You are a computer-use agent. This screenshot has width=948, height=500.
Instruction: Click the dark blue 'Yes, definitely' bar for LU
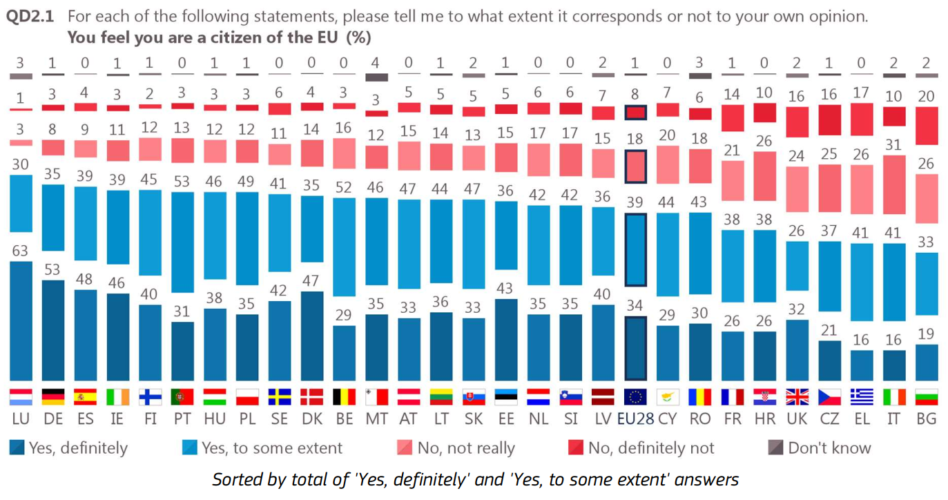pos(20,321)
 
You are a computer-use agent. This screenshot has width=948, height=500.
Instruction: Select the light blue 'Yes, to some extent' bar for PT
pos(182,242)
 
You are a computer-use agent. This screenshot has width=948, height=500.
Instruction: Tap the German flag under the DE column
pos(52,397)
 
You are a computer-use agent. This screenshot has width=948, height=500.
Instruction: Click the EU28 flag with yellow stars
pos(635,397)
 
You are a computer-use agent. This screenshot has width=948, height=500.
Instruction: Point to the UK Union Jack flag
pos(797,397)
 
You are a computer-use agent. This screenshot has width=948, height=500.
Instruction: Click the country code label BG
pos(926,419)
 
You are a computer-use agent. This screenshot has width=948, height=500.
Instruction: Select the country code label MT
pos(376,419)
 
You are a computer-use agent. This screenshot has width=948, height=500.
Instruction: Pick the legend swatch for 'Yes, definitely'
pos(17,448)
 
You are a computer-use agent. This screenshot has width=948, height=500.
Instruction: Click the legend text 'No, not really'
pos(466,448)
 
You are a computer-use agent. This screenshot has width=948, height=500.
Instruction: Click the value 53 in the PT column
pos(182,181)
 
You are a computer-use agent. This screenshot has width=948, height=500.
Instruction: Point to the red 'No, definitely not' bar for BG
pos(926,125)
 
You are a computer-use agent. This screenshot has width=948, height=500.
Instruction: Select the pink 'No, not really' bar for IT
pos(893,185)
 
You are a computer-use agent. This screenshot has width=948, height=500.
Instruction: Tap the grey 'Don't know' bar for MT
pos(376,77)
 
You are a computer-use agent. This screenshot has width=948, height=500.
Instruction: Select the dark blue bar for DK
pos(311,336)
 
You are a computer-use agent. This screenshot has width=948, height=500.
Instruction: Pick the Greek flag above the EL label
pos(861,397)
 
